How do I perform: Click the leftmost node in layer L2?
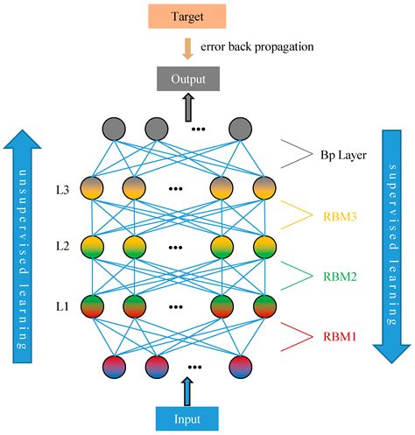click(x=93, y=248)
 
